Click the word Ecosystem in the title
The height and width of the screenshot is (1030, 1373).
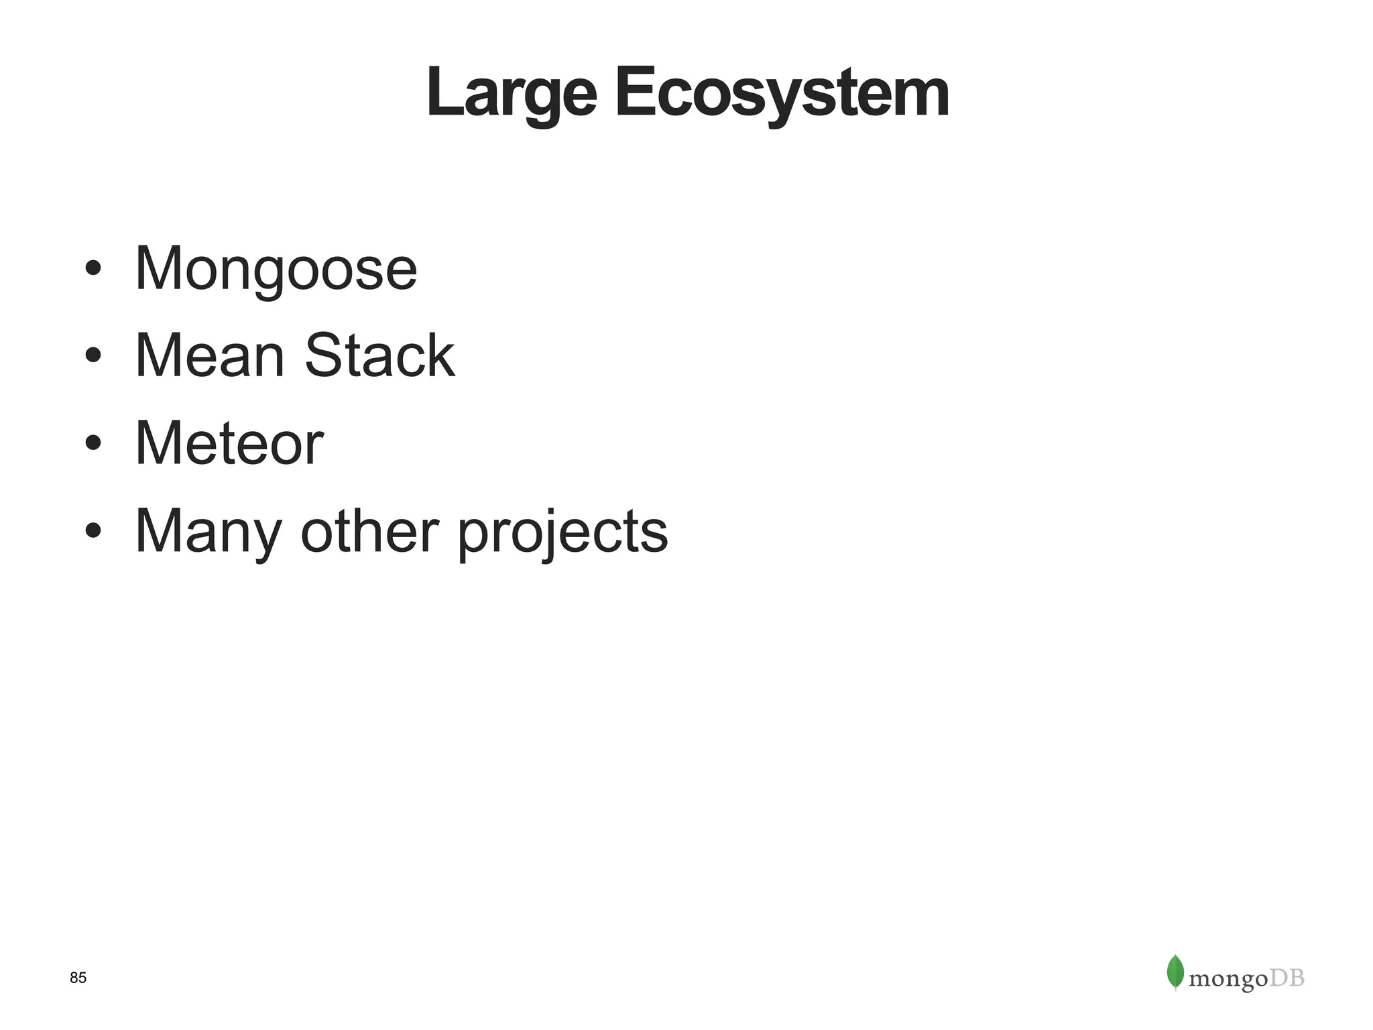(782, 94)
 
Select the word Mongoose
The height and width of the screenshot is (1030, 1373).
(276, 269)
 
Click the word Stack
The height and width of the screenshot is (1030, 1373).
(379, 356)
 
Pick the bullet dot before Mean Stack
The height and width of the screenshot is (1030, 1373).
(93, 355)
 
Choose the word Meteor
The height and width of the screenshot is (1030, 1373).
(229, 443)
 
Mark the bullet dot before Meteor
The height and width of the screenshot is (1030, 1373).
(93, 443)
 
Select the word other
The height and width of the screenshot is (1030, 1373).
(369, 531)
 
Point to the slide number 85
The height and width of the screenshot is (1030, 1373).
(78, 978)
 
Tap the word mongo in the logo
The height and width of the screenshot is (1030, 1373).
(1228, 980)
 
